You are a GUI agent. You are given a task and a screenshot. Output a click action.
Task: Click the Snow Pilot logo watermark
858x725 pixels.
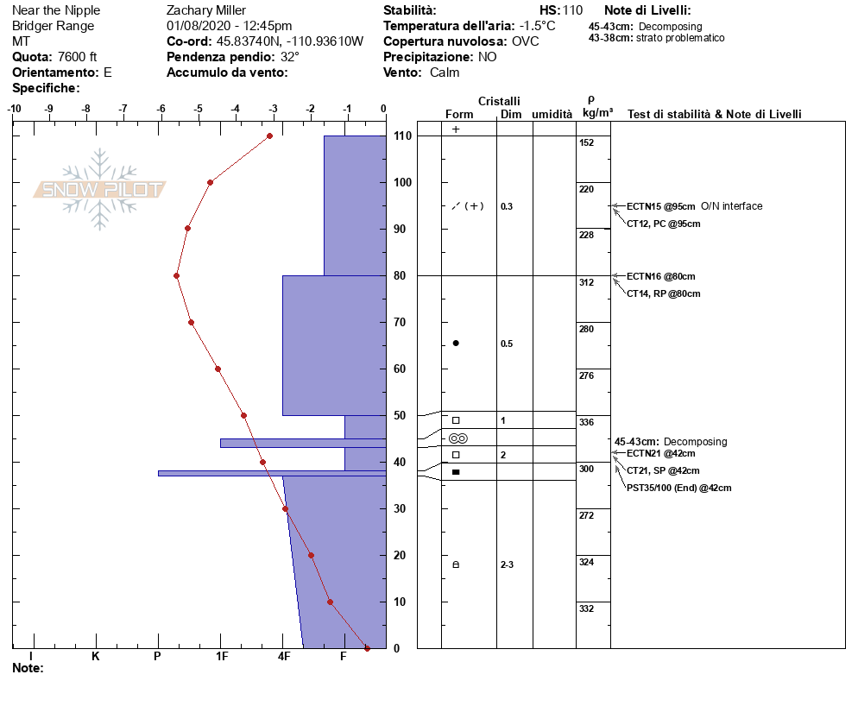click(99, 189)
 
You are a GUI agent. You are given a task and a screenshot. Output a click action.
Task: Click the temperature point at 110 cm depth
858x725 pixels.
click(270, 136)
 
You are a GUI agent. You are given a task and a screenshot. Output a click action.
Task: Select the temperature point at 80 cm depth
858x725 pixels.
click(176, 276)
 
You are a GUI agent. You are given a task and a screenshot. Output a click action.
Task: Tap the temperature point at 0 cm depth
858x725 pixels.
click(367, 648)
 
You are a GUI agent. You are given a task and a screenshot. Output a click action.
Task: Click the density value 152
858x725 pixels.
click(587, 142)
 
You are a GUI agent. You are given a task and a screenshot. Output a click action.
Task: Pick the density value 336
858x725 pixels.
click(587, 422)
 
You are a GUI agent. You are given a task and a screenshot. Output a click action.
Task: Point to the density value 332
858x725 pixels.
click(587, 608)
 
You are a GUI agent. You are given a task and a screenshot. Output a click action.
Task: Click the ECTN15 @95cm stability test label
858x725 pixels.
click(661, 206)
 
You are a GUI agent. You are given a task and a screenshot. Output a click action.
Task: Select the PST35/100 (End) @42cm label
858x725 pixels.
click(679, 488)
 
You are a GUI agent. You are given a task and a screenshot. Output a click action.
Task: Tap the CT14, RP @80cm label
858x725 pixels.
click(663, 293)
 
